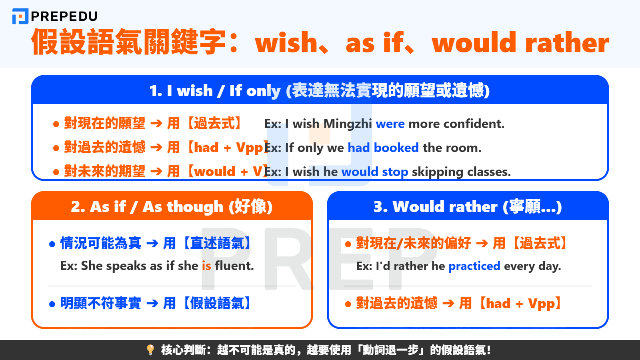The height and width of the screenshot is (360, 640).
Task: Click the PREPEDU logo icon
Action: pyautogui.click(x=20, y=16)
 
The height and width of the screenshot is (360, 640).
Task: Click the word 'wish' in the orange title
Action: pyautogui.click(x=286, y=43)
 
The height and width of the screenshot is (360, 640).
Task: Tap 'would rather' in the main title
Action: pyautogui.click(x=520, y=43)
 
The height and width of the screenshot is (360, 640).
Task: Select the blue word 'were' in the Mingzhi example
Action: pyautogui.click(x=390, y=124)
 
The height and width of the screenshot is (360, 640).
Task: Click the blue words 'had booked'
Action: pyautogui.click(x=383, y=148)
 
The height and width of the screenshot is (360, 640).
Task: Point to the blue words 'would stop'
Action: pyautogui.click(x=374, y=172)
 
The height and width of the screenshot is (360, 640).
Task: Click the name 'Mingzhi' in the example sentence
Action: pyautogui.click(x=348, y=124)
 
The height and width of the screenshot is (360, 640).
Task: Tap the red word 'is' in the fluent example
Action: pyautogui.click(x=206, y=266)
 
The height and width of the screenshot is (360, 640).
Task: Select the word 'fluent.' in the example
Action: pyautogui.click(x=234, y=266)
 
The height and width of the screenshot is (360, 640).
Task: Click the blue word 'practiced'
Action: pyautogui.click(x=474, y=266)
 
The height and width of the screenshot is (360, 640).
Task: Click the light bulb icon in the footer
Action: pyautogui.click(x=150, y=350)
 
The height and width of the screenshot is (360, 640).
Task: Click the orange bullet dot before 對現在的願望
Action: pyautogui.click(x=56, y=124)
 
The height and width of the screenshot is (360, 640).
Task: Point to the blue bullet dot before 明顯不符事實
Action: pyautogui.click(x=52, y=304)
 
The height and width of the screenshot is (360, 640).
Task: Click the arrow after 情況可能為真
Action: pyautogui.click(x=152, y=243)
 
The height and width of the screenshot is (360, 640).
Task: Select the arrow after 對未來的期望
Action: pyautogui.click(x=156, y=172)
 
